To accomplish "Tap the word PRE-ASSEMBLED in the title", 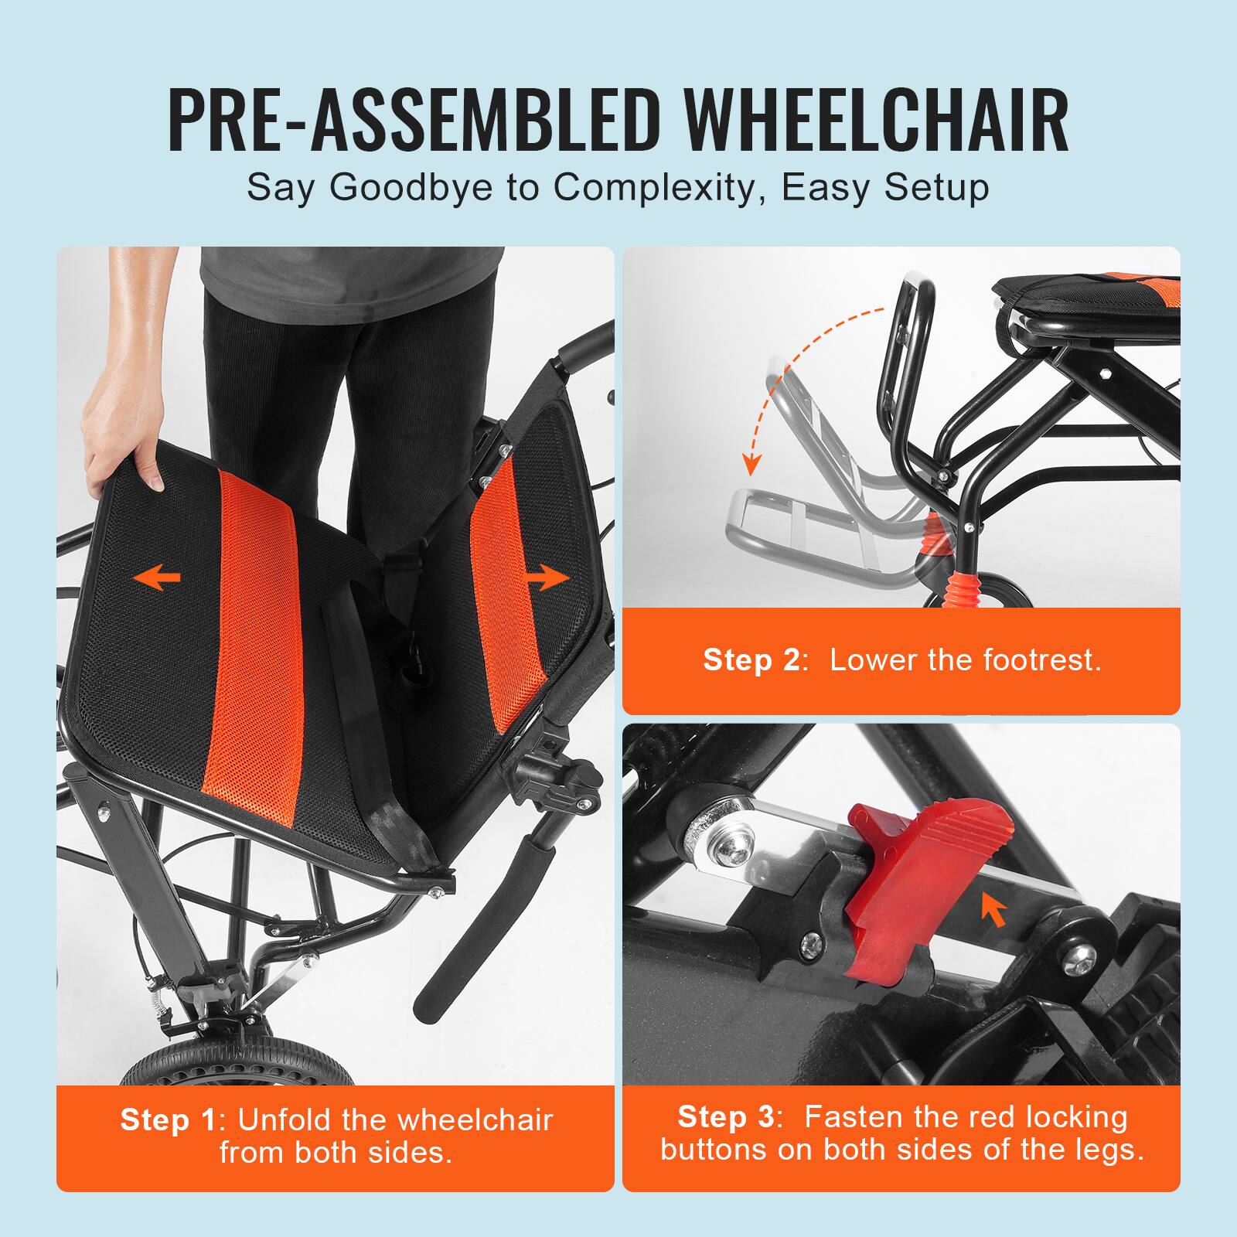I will tap(411, 121).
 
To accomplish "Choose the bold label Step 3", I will tap(725, 1116).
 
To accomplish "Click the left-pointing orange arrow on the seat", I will tap(156, 577).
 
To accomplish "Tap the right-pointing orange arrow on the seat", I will tap(547, 577).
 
